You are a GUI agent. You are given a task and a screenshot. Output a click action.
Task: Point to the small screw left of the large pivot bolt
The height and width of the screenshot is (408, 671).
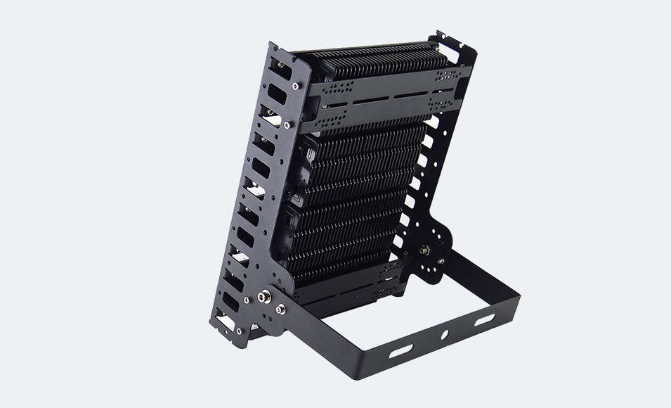(247, 300)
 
